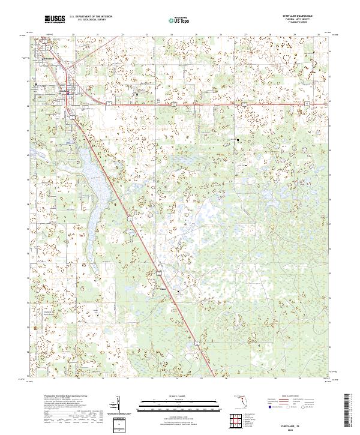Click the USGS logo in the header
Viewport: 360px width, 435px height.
pos(55,20)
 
